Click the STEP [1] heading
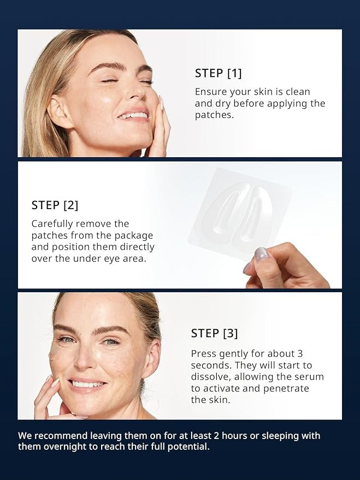coord(218,73)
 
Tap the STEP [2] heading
coord(55,205)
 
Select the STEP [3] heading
coord(214,333)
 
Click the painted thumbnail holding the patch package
coord(261,253)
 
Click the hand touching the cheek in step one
coord(160,128)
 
